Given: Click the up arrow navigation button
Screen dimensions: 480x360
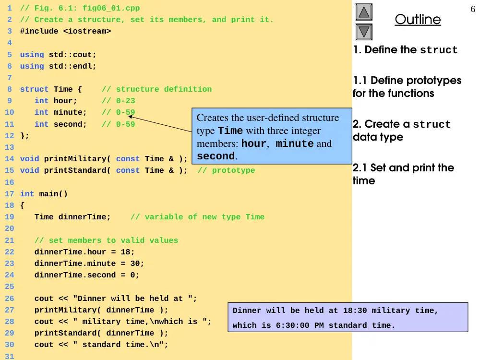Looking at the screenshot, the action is pos(364,12).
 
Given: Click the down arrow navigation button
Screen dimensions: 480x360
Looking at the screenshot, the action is pos(364,32).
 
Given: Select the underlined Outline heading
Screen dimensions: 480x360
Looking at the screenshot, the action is pos(418,20).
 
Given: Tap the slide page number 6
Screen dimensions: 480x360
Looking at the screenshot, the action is pos(473,9).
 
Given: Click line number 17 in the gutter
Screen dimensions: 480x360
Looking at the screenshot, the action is pos(9,194).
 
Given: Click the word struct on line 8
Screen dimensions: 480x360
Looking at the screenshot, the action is pos(34,89).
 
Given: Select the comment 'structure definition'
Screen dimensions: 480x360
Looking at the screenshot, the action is pos(164,89).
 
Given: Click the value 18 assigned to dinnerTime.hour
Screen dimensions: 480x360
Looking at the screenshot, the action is pos(125,252).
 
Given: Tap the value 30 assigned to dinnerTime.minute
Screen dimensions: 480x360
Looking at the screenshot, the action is pos(135,264).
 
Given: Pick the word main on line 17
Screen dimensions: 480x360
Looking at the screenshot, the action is pos(48,194).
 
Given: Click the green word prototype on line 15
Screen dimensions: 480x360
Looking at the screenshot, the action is pos(233,170).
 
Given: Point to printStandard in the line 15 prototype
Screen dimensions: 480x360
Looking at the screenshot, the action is pos(75,170).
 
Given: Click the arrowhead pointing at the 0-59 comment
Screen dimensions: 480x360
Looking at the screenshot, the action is pos(130,117).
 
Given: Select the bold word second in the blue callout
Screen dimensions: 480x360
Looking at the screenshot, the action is pos(216,156).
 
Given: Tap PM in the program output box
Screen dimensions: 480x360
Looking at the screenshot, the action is pos(319,325).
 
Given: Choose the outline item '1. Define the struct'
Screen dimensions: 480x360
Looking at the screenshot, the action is pos(405,49).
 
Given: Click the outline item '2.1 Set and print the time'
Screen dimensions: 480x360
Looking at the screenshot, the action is pos(403,174).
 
